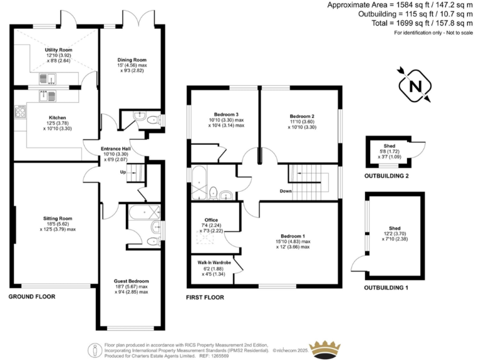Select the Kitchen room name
click(x=58, y=117)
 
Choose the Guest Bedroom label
click(x=131, y=281)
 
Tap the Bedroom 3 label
click(x=226, y=115)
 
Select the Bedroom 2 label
click(x=301, y=117)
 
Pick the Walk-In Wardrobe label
click(x=215, y=262)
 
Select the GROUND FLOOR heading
click(x=32, y=296)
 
